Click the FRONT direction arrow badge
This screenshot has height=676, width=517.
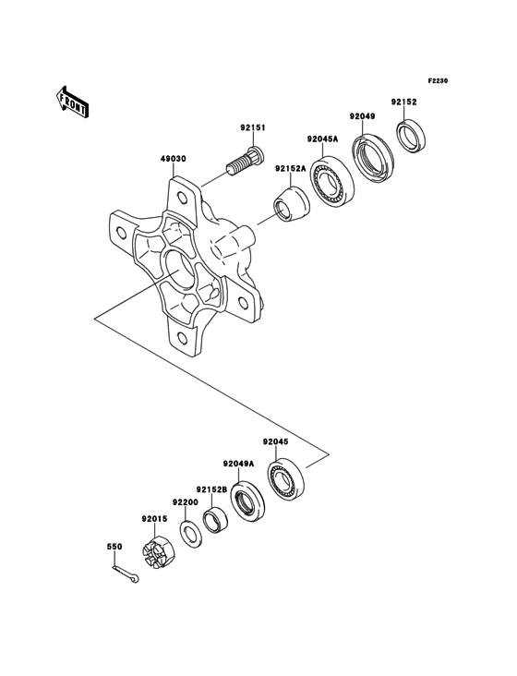[73, 101]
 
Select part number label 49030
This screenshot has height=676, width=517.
[174, 159]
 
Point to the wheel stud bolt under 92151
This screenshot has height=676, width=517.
[244, 164]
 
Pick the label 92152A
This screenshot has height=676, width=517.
[289, 169]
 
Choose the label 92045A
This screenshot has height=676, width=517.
[323, 140]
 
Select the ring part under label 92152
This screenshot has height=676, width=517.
[410, 134]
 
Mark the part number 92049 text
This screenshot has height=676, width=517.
[362, 116]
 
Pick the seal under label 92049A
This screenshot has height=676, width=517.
[247, 501]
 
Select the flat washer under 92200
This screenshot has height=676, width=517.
[190, 534]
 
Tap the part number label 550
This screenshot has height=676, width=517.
[114, 547]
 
